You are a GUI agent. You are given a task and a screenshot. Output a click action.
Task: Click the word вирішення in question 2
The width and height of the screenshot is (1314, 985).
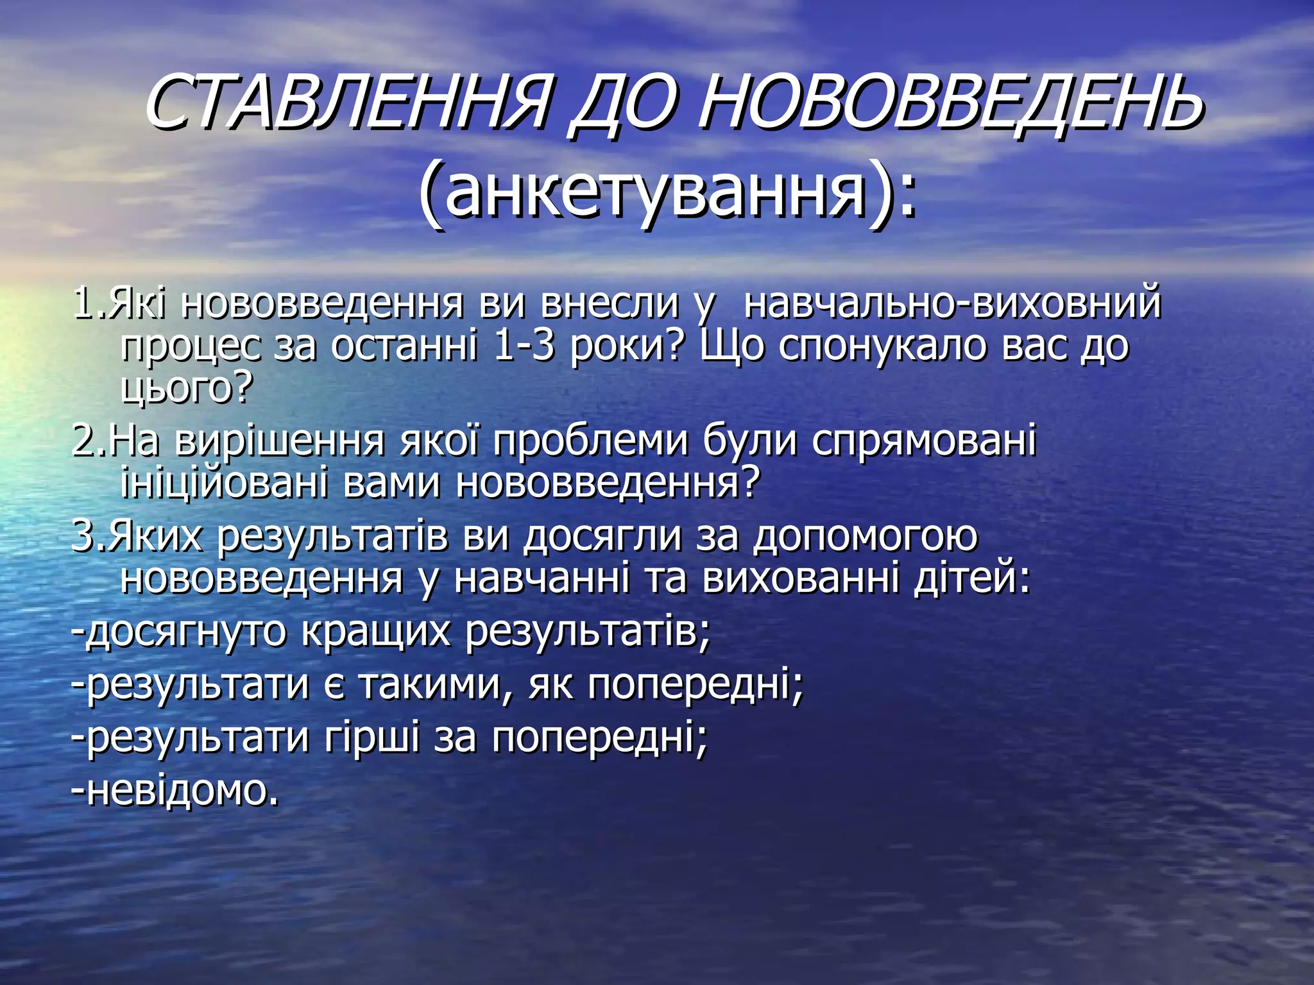(x=279, y=441)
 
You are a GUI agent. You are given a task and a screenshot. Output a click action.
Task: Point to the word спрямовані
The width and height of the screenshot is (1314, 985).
(x=924, y=441)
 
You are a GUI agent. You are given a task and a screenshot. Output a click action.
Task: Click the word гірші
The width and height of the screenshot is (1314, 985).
(x=372, y=738)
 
